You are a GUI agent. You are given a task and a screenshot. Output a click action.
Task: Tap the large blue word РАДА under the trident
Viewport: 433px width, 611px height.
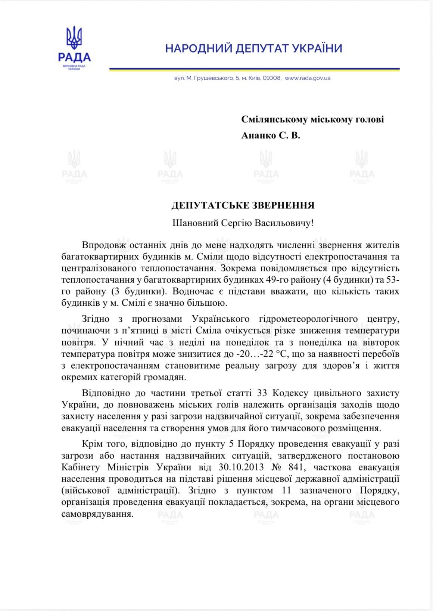(74, 57)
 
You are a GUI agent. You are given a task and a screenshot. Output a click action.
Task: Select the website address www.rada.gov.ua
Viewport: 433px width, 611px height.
(308, 78)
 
